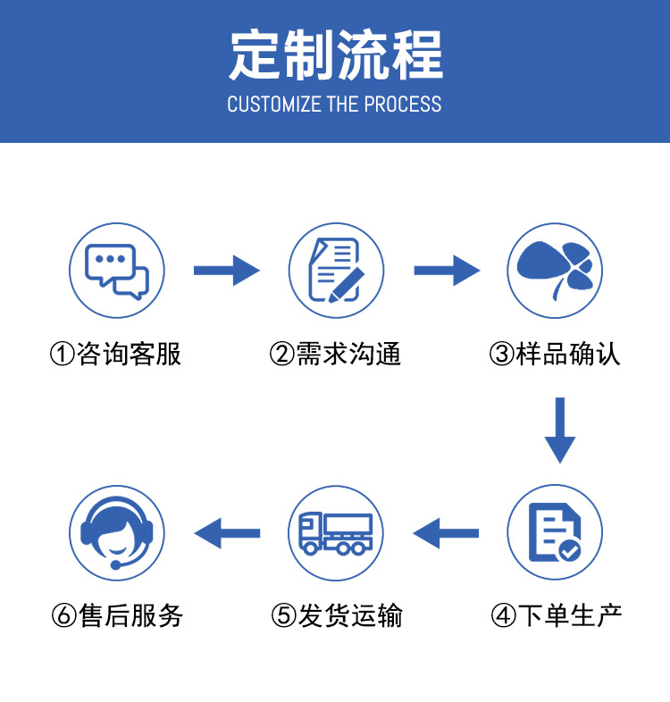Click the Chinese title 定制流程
click(335, 54)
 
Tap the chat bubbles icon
click(117, 271)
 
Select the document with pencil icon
click(335, 271)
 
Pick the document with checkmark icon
click(555, 533)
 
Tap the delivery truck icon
click(335, 533)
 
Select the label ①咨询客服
click(116, 355)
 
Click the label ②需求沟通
click(335, 355)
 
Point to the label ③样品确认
click(555, 355)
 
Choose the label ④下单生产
click(555, 615)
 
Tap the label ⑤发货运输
click(337, 615)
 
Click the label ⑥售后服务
click(117, 615)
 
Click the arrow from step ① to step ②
click(226, 270)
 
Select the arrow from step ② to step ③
click(446, 270)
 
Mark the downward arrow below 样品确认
click(560, 430)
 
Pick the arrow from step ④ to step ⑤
click(446, 533)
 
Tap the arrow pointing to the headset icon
click(226, 533)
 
